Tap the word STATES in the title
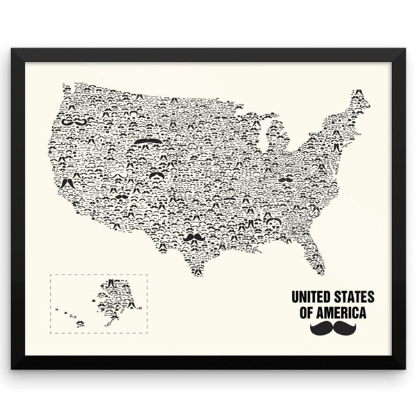pyautogui.click(x=354, y=297)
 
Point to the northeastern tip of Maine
pyautogui.click(x=363, y=91)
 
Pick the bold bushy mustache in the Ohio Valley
pyautogui.click(x=285, y=179)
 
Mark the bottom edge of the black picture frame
pyautogui.click(x=208, y=362)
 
